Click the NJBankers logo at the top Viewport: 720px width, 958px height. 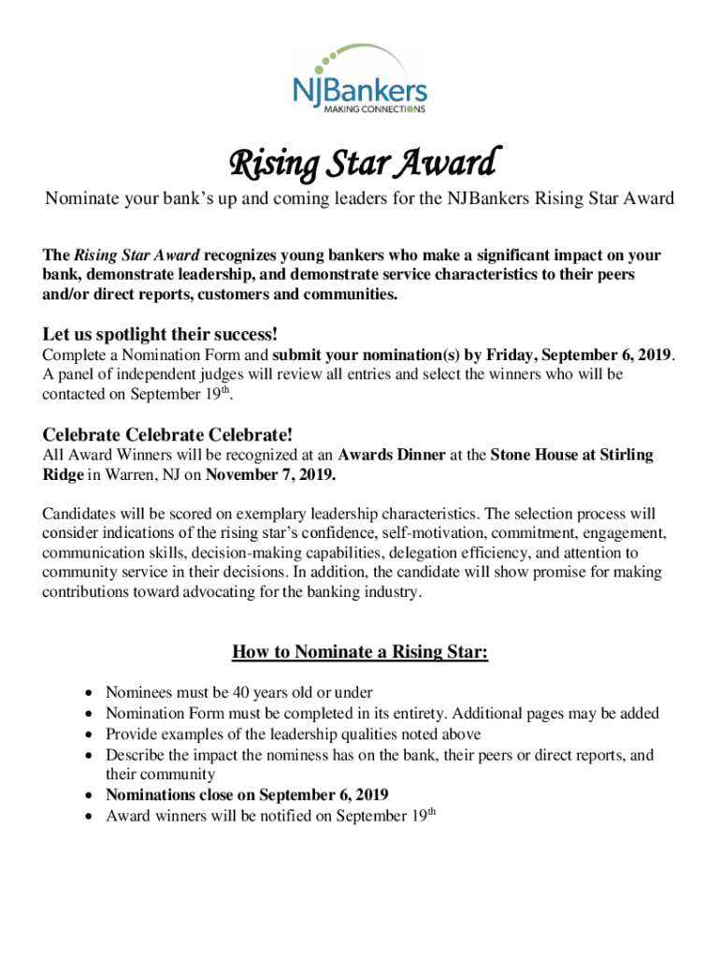coord(359,79)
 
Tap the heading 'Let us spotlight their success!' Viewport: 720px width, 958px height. coord(161,335)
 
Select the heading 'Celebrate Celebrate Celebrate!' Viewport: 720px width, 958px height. coord(168,434)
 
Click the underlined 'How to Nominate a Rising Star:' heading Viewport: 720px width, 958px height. coord(360,652)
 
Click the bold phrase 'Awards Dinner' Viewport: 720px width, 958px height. coord(384,456)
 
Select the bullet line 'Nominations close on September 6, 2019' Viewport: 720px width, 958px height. coord(247,795)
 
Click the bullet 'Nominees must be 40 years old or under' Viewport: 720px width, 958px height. coord(238,693)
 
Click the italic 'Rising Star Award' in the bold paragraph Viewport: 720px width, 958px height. coord(137,255)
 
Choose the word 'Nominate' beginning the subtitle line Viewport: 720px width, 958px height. coord(79,199)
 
